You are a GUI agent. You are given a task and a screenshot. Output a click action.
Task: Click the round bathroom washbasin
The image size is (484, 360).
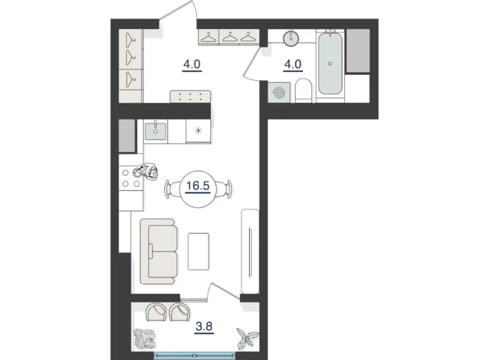[x=292, y=38]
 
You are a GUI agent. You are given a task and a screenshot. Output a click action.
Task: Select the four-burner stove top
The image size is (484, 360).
[x=130, y=178]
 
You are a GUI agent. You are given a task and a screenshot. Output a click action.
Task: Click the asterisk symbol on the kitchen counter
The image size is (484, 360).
[x=199, y=130]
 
